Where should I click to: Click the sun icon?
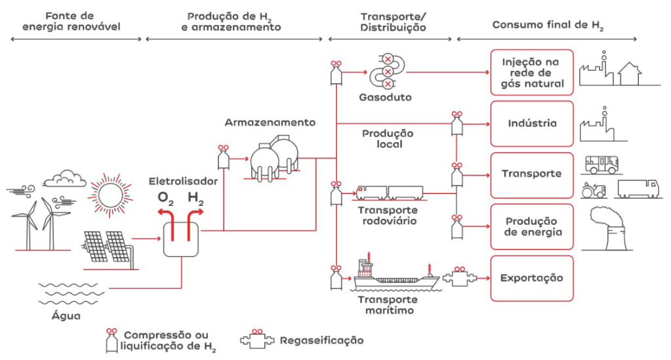tap(110, 193)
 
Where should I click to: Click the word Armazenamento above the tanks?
tap(270, 123)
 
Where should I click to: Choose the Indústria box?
tap(532, 123)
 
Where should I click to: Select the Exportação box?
tap(532, 278)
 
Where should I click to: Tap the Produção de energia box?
tap(532, 227)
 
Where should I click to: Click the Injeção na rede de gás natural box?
tap(532, 72)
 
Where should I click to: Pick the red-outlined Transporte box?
tap(532, 174)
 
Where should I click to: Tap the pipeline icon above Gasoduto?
tap(388, 71)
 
